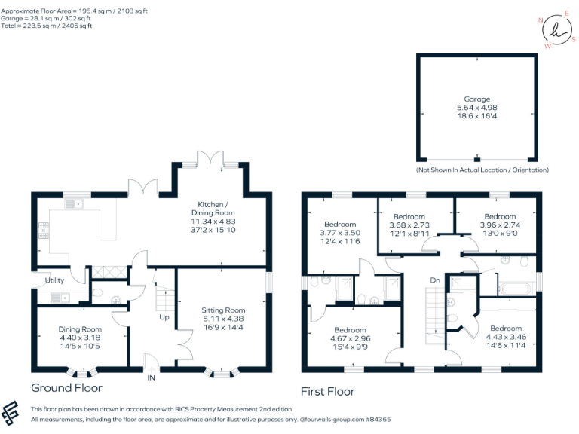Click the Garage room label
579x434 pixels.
(476, 99)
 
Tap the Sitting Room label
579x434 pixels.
(223, 310)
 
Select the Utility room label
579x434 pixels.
(55, 280)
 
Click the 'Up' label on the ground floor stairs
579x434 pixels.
(164, 317)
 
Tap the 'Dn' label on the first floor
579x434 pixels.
(435, 280)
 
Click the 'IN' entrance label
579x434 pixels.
(152, 377)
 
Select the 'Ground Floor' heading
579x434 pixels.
(66, 388)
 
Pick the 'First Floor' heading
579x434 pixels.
(327, 391)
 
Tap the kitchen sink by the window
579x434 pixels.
(74, 204)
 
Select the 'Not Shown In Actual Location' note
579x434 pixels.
(482, 170)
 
